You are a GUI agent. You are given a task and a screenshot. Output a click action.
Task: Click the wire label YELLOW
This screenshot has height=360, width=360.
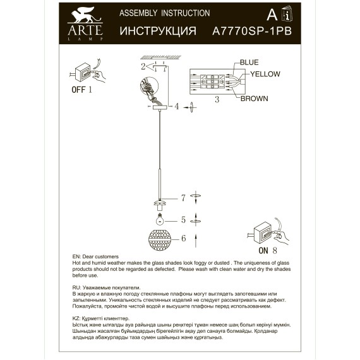[x=265, y=74]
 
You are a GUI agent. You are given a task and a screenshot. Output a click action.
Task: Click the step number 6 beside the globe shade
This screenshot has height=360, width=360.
[x=183, y=238]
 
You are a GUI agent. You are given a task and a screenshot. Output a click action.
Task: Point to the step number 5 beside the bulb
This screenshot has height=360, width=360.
[x=183, y=220]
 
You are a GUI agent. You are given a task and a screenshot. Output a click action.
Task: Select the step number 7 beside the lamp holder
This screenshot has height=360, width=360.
[x=183, y=198]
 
